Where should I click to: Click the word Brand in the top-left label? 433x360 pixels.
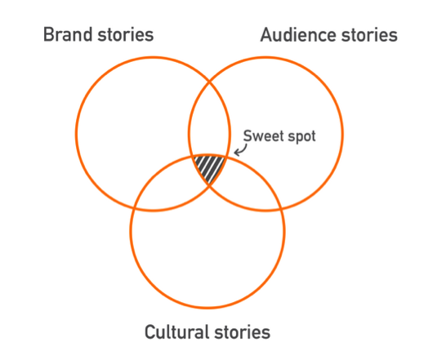point(68,34)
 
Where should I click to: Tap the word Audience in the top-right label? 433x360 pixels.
point(298,35)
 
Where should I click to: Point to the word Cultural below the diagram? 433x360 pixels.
point(176,331)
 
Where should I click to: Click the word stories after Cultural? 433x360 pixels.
point(243,332)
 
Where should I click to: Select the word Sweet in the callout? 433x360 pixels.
point(264,136)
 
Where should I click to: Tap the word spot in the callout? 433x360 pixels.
point(301,137)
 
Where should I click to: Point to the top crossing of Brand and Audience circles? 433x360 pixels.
point(210,82)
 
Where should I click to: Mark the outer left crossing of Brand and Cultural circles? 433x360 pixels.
point(134,207)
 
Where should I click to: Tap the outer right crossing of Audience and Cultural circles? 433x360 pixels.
point(281,208)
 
